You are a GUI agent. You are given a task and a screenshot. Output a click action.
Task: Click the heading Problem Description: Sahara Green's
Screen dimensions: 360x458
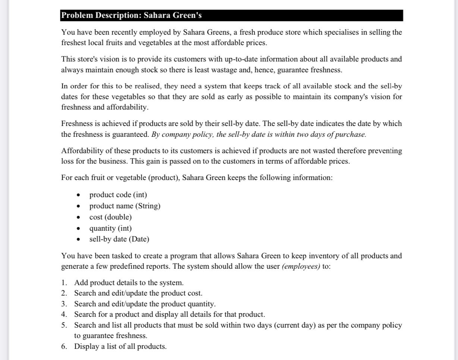pos(131,16)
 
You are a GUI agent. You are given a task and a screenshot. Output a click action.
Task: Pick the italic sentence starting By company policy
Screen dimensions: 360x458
pos(259,134)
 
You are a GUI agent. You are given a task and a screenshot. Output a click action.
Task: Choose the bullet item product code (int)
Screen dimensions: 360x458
pos(118,195)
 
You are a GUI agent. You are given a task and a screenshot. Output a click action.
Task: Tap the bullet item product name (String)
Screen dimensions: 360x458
pos(125,206)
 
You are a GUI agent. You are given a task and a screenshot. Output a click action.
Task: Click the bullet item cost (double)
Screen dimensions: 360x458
pos(110,217)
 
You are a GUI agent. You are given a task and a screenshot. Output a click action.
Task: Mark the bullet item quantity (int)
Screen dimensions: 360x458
pos(110,228)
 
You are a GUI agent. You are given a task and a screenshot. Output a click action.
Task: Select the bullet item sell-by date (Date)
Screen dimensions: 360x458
pos(119,239)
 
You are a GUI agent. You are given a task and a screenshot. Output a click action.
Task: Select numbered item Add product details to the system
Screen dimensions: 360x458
pos(129,282)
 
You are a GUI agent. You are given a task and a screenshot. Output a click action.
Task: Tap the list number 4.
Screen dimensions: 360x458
pos(64,315)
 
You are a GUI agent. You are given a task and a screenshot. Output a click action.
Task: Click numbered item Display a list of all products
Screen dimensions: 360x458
pos(120,347)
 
